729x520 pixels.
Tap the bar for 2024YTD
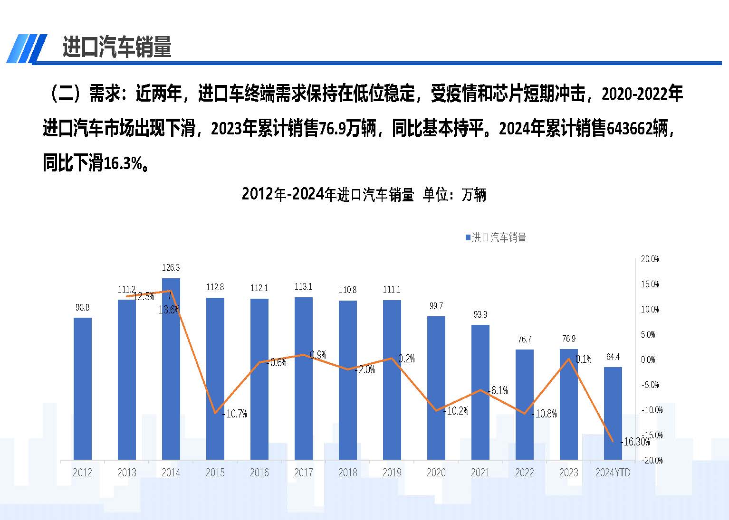pos(613,413)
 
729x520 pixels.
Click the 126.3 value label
pos(171,268)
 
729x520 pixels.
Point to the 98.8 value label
pos(83,308)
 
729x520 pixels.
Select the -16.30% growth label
pos(636,442)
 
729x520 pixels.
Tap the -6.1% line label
pos(499,391)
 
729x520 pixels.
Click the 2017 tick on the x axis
pos(304,473)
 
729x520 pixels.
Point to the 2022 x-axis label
pos(525,473)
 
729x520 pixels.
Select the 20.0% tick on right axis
pos(650,259)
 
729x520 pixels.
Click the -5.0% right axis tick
pos(650,385)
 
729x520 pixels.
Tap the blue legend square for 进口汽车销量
pos(468,237)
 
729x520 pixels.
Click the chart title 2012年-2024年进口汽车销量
pos(328,195)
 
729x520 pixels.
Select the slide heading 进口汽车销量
pos(117,47)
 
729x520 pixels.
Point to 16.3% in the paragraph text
pos(123,164)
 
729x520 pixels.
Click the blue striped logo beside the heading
pos(27,48)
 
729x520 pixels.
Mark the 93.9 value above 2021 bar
pos(480,315)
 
